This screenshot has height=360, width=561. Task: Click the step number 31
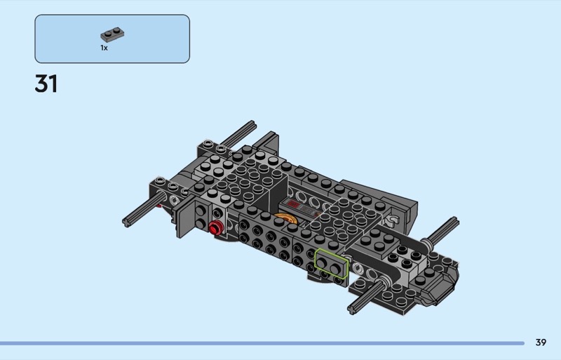(x=46, y=84)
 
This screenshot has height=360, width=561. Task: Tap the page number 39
(x=541, y=342)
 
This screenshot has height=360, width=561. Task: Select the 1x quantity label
(x=104, y=48)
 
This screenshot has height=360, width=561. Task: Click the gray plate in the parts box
(x=112, y=34)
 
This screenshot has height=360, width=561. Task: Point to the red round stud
(x=215, y=228)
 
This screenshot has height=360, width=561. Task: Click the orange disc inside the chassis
(x=285, y=218)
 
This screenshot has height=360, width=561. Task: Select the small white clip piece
(x=393, y=220)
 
